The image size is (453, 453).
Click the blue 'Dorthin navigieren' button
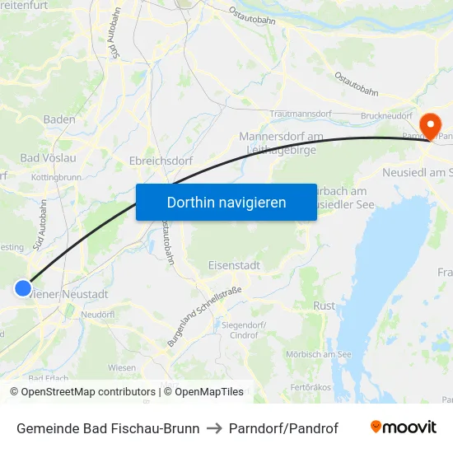pos(226,202)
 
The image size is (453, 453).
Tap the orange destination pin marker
pos(429,126)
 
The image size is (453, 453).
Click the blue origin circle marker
pos(23,287)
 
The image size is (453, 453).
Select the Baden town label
pos(59,119)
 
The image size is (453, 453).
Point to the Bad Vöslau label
pos(48,157)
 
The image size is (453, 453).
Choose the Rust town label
pos(325,306)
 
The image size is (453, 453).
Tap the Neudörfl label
pos(98,315)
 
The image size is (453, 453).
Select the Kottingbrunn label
pos(55,177)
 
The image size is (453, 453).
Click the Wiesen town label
pos(122,367)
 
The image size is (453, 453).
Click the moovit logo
pos(403,427)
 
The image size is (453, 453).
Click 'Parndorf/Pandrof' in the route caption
pos(283,428)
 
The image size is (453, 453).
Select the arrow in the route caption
pos(214,428)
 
